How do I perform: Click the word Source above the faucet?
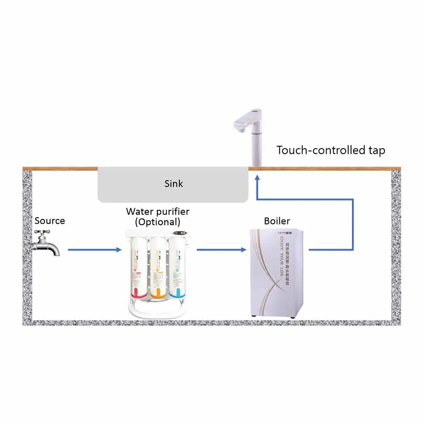(x=50, y=221)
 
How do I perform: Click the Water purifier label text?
(x=157, y=211)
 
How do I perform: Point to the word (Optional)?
(x=157, y=222)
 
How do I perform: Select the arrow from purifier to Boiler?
(x=221, y=250)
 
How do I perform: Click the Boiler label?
(x=277, y=221)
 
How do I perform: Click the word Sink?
(x=173, y=184)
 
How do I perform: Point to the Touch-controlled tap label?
(x=331, y=150)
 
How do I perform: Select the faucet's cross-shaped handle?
(x=42, y=234)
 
